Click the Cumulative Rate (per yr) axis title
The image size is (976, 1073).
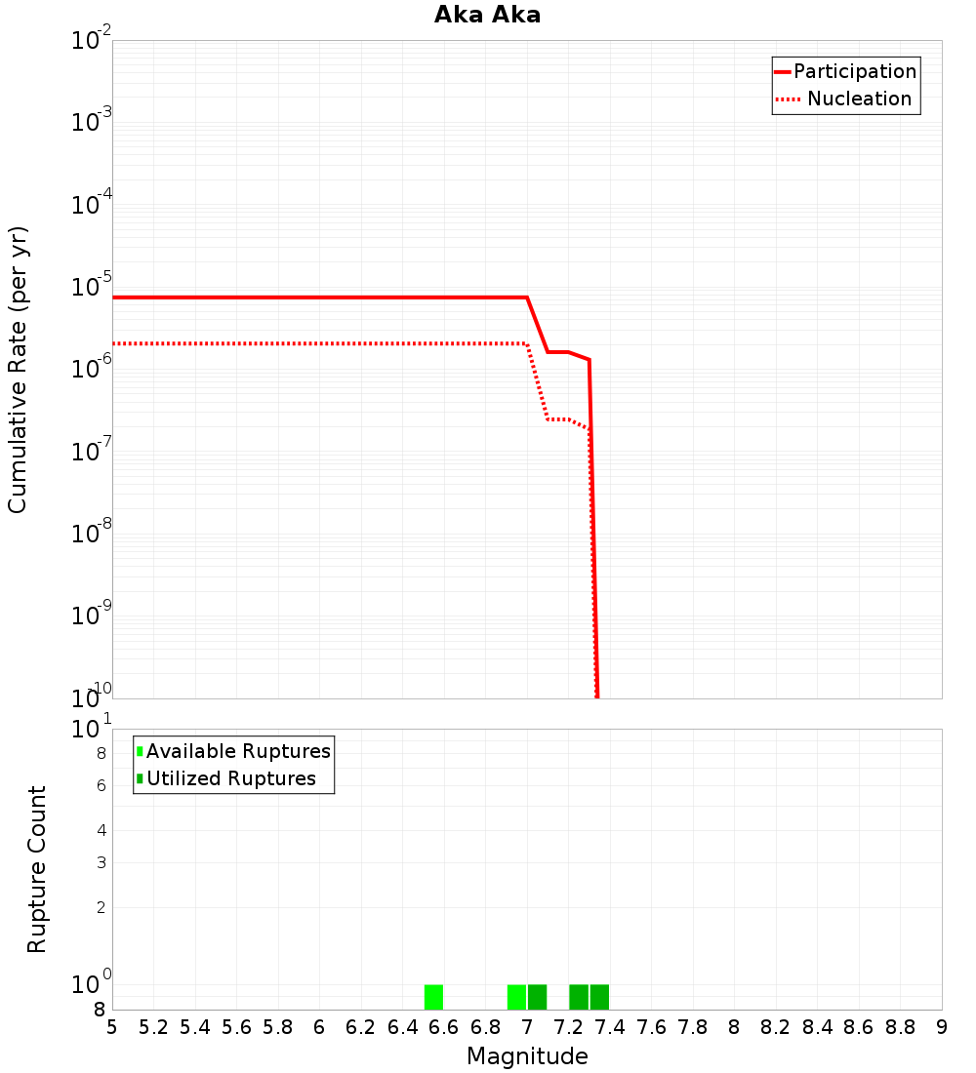click(19, 370)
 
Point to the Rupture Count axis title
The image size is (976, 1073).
click(37, 869)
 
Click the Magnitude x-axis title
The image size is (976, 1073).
click(527, 1056)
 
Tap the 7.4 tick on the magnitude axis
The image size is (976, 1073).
click(610, 1027)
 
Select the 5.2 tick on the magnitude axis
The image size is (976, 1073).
click(154, 1027)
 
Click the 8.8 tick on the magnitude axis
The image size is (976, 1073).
click(900, 1027)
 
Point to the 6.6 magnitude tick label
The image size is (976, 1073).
click(444, 1027)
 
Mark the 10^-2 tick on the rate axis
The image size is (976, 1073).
click(92, 42)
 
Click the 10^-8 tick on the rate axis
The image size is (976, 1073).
click(92, 534)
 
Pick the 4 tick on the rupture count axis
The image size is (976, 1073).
click(101, 830)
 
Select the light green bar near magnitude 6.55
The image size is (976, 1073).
click(433, 997)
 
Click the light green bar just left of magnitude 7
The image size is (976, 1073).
click(516, 997)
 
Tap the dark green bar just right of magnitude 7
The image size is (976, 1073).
click(537, 997)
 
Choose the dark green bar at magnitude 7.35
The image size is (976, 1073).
click(599, 997)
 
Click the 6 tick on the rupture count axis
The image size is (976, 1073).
click(101, 785)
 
